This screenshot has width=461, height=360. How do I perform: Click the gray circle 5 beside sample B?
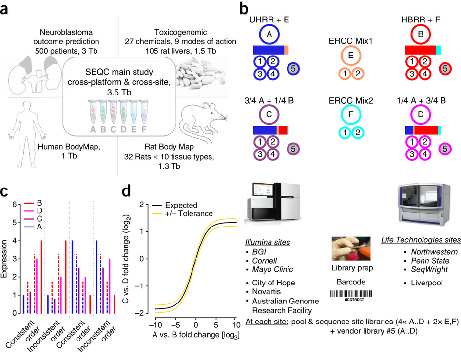(x=445, y=69)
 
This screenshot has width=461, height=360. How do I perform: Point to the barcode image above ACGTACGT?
(x=351, y=294)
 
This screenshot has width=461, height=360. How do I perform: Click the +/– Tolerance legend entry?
(x=182, y=214)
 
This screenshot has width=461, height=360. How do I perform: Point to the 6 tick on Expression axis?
(x=15, y=204)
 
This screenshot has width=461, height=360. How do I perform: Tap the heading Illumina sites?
(x=268, y=242)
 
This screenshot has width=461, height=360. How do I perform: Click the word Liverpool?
(x=426, y=283)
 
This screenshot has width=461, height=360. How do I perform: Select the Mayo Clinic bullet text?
(x=272, y=269)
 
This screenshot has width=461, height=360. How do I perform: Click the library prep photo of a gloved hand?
(x=351, y=248)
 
